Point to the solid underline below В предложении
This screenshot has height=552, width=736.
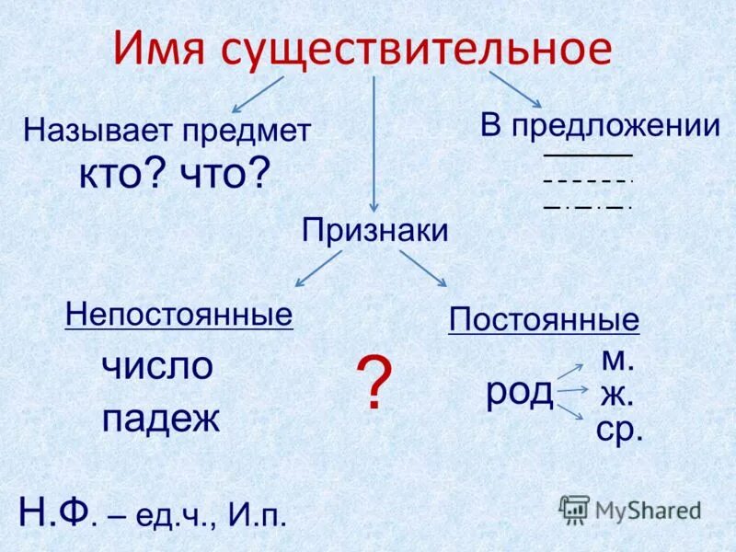588,155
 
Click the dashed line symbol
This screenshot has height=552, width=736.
588,181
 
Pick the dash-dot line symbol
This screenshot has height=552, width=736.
588,207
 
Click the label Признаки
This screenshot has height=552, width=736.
375,231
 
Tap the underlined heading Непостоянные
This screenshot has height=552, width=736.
179,315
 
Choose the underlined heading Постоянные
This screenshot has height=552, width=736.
544,320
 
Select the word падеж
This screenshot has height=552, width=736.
161,420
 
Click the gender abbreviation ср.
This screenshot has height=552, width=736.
618,431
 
